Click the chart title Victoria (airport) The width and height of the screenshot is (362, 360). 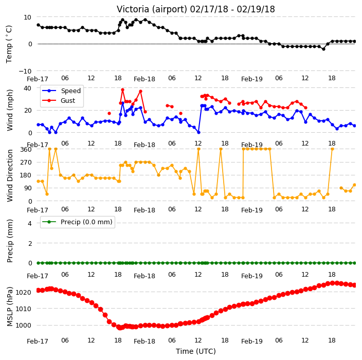(x=152, y=9)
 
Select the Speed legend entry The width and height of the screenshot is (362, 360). (x=61, y=91)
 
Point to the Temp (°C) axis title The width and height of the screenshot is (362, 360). (x=9, y=44)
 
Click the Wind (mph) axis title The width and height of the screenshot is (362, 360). (x=9, y=110)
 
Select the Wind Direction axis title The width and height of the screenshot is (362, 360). (x=9, y=175)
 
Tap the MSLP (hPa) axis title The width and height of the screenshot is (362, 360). (x=9, y=306)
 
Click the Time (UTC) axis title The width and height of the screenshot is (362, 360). (x=196, y=351)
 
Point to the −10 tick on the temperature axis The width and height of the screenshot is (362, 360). (x=25, y=71)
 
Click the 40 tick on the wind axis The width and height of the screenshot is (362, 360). (x=28, y=88)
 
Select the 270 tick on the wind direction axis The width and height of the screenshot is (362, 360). (x=26, y=163)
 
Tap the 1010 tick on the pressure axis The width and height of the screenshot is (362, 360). (x=23, y=309)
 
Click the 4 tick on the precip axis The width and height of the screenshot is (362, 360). (x=30, y=223)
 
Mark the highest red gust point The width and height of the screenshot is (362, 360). (x=122, y=90)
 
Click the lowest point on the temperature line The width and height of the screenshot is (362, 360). (x=323, y=49)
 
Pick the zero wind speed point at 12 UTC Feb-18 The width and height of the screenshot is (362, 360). (x=198, y=133)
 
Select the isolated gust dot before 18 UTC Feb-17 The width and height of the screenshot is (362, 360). (x=109, y=113)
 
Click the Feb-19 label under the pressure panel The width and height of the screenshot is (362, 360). (x=252, y=341)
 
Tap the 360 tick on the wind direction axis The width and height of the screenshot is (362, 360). (x=26, y=150)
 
